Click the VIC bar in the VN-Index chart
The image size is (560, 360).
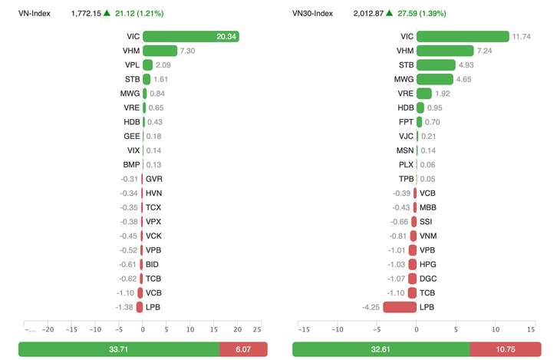pos(191,36)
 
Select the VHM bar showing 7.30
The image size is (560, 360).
pos(160,51)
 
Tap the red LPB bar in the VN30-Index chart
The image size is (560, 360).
pos(399,307)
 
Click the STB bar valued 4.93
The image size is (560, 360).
pos(434,65)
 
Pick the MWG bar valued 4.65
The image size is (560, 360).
pos(434,79)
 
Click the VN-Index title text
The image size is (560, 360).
pos(35,13)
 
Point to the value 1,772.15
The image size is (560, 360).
pos(85,13)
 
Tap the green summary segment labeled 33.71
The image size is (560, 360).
pos(118,349)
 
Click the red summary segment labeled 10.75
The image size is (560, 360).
pos(506,349)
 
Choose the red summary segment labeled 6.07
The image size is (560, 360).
pos(242,349)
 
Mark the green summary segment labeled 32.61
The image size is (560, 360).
pos(380,349)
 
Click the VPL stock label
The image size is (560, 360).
pos(132,65)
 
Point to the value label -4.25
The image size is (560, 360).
pos(371,307)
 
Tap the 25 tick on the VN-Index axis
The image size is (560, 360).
pos(257,329)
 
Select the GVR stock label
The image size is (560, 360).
pos(153,179)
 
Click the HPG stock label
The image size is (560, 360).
pos(428,264)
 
